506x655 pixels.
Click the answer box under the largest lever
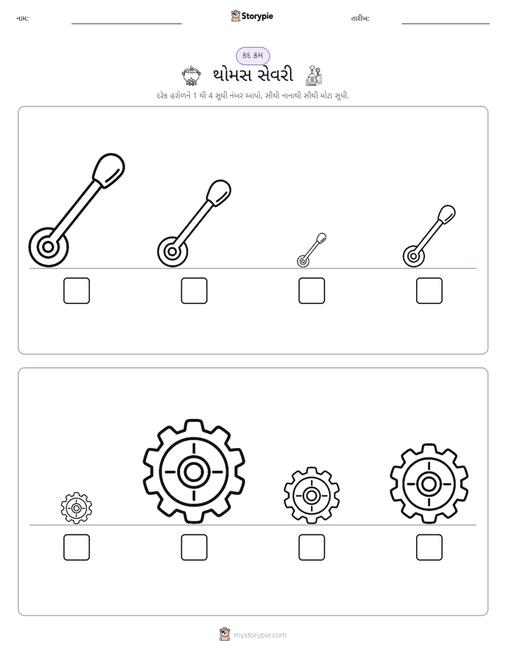77,291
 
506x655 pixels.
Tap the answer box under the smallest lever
311,291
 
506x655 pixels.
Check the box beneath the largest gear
194,547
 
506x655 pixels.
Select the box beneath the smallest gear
77,547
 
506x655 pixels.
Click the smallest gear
77,508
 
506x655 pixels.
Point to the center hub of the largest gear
193,472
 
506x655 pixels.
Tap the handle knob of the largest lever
108,169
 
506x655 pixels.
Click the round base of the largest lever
48,247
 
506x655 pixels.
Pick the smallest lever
311,250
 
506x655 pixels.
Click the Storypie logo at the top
252,16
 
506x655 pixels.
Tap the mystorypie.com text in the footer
259,635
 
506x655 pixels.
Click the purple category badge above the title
252,55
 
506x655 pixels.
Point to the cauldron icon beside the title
191,76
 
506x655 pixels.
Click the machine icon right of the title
314,76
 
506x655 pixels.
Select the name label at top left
23,18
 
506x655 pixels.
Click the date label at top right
360,18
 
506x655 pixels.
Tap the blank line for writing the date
446,24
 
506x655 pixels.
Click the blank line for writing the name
126,24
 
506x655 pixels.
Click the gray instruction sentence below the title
253,96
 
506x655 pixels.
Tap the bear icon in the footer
225,634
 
